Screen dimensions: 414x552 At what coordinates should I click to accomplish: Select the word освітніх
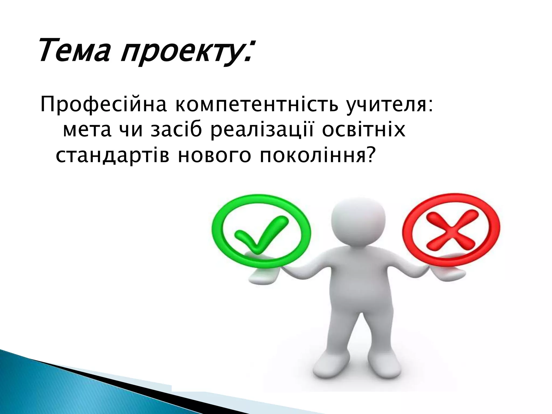tap(364, 130)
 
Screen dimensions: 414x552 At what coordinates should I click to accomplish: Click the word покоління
tap(310, 156)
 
